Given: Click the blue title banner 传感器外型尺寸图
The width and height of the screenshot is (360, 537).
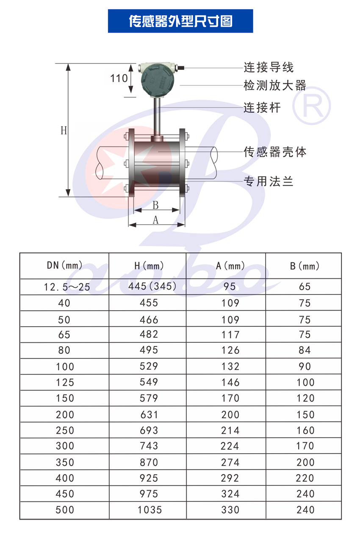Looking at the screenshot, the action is click(180, 21).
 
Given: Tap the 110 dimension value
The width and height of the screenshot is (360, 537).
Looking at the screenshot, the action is click(119, 78).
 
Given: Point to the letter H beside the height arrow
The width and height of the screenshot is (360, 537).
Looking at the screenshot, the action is click(64, 131).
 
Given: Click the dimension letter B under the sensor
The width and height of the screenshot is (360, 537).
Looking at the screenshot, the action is click(155, 205).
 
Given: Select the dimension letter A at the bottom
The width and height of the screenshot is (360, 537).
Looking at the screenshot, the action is click(155, 220).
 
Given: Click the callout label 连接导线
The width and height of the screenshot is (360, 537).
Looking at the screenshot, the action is click(269, 67).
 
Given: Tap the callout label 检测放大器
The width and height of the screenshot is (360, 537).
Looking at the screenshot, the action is click(275, 85).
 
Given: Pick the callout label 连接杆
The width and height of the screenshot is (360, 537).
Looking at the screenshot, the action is click(262, 107).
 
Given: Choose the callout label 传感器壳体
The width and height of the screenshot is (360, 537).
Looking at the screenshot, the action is click(275, 152).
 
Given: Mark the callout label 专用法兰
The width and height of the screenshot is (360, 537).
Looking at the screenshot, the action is click(269, 181).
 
